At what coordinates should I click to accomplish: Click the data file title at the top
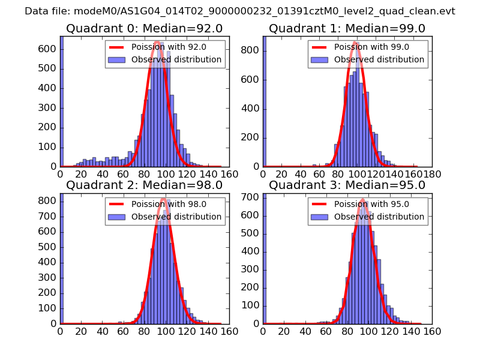click(240, 11)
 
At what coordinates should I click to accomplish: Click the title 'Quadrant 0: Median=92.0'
click(144, 29)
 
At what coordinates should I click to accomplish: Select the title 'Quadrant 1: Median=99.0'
click(347, 29)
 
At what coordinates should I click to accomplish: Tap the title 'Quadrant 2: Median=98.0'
click(144, 185)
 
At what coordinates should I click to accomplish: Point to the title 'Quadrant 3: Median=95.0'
click(347, 185)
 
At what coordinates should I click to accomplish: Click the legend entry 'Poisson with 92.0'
click(166, 47)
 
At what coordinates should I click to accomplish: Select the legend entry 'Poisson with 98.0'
click(166, 204)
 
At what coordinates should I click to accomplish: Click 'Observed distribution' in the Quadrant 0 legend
click(176, 59)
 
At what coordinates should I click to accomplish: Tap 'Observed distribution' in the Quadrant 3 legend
click(379, 216)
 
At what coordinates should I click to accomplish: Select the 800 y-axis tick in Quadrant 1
click(251, 51)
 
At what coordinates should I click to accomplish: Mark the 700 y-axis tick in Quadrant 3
click(251, 197)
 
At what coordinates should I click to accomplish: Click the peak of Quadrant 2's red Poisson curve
click(164, 214)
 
